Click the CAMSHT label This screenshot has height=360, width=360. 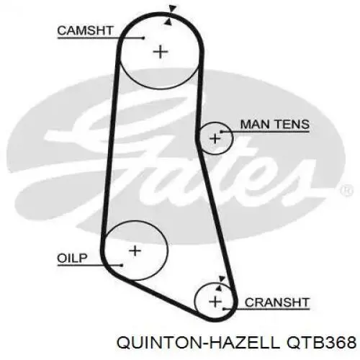click(x=85, y=31)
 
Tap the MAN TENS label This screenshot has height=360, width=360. click(x=275, y=125)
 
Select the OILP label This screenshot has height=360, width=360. click(x=72, y=258)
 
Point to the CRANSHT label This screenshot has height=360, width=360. click(x=276, y=302)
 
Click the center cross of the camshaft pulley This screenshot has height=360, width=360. click(x=161, y=52)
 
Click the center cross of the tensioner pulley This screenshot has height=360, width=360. click(x=215, y=138)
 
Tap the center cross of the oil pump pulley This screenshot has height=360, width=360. click(x=135, y=251)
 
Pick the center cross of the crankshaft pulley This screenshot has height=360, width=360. click(x=215, y=302)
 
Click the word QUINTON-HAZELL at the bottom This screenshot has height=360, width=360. click(x=197, y=342)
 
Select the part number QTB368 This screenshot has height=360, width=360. click(x=320, y=342)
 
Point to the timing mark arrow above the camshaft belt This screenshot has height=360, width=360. click(x=172, y=9)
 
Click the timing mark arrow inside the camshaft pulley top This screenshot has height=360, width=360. click(x=168, y=22)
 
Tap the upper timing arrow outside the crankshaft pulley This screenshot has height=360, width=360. click(x=222, y=279)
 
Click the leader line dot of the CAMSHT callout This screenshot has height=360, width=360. click(x=143, y=38)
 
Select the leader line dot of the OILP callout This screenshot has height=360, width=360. click(x=122, y=265)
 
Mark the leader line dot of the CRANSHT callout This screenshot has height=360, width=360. click(x=223, y=309)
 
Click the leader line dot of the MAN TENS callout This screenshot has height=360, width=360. click(x=221, y=132)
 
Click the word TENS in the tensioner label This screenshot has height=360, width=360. click(x=292, y=125)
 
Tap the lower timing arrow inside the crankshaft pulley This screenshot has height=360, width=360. click(x=218, y=287)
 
